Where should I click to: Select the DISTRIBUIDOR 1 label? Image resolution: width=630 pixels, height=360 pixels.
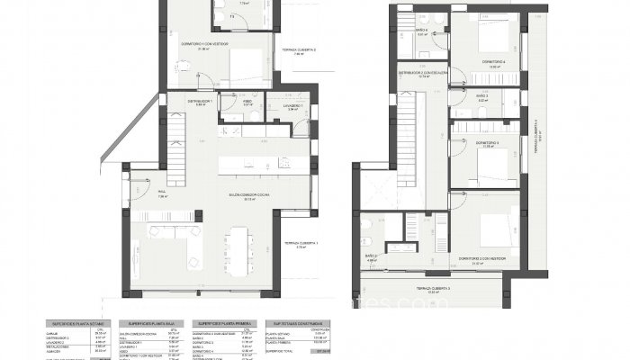tap(200, 102)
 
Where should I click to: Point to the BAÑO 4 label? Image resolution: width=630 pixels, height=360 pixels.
tap(422, 30)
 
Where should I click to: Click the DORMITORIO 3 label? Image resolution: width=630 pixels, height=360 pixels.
tap(487, 143)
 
